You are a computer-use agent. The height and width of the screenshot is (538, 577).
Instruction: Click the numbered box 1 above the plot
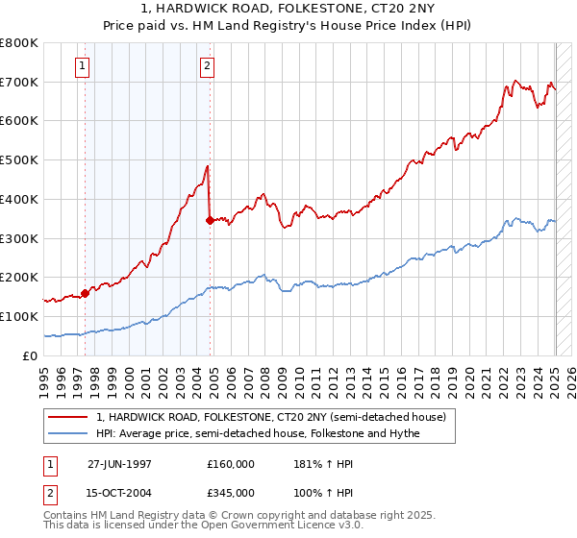(84, 66)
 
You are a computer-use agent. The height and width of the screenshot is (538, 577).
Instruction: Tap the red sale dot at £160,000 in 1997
(85, 293)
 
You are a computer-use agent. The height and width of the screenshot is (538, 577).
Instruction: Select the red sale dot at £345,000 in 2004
(210, 220)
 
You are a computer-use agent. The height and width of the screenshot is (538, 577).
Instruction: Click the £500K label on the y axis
(19, 160)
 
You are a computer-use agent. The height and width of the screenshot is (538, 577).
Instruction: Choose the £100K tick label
(19, 316)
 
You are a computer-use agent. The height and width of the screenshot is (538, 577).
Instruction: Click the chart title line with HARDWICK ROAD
(288, 11)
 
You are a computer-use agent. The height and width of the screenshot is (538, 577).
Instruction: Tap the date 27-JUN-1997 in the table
(119, 464)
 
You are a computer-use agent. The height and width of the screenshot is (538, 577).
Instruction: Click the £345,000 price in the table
(231, 492)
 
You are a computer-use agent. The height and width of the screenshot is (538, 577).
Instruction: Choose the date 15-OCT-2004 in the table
(119, 492)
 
